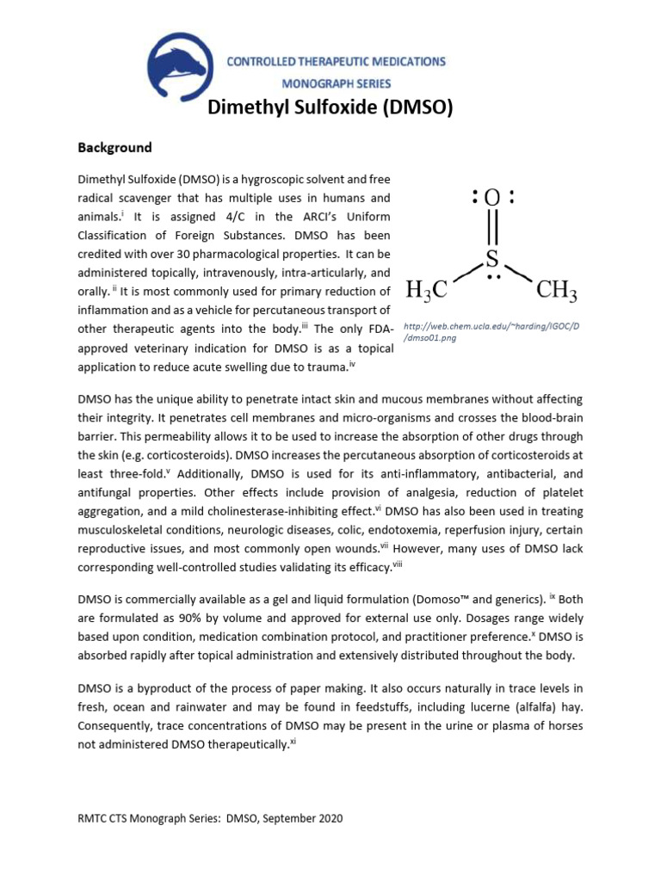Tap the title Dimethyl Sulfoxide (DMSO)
(x=330, y=108)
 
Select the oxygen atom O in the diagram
(x=492, y=198)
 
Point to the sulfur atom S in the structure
(x=491, y=257)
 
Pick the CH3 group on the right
(x=556, y=292)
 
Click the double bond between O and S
(x=492, y=228)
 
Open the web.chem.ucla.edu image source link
(x=491, y=332)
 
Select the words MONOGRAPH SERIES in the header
(x=337, y=83)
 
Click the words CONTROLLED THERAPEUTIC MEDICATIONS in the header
(x=337, y=62)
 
